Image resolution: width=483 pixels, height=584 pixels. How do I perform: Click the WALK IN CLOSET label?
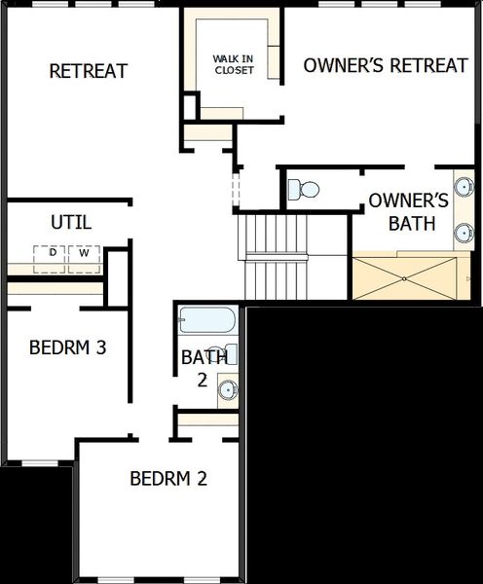coord(234,64)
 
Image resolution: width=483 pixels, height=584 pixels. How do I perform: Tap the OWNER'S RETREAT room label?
coord(386,66)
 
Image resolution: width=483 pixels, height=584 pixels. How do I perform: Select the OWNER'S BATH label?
coord(407,212)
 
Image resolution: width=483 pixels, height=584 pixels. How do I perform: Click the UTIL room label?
coord(71,222)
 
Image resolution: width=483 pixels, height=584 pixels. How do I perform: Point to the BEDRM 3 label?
coord(67,347)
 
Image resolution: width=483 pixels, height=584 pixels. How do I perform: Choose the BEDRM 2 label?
coord(168,479)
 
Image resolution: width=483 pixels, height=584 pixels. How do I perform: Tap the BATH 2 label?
coord(203,368)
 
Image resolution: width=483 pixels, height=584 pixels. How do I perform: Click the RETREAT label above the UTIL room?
coord(89,71)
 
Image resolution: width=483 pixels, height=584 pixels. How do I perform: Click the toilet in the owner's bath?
coord(307,188)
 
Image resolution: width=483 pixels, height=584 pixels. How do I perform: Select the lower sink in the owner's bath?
coord(464,234)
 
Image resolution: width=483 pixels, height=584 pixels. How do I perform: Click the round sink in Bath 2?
coord(228,390)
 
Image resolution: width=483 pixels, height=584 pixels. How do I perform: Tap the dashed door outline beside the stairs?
coord(235,190)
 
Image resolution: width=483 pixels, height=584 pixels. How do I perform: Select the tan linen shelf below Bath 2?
coord(207,420)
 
